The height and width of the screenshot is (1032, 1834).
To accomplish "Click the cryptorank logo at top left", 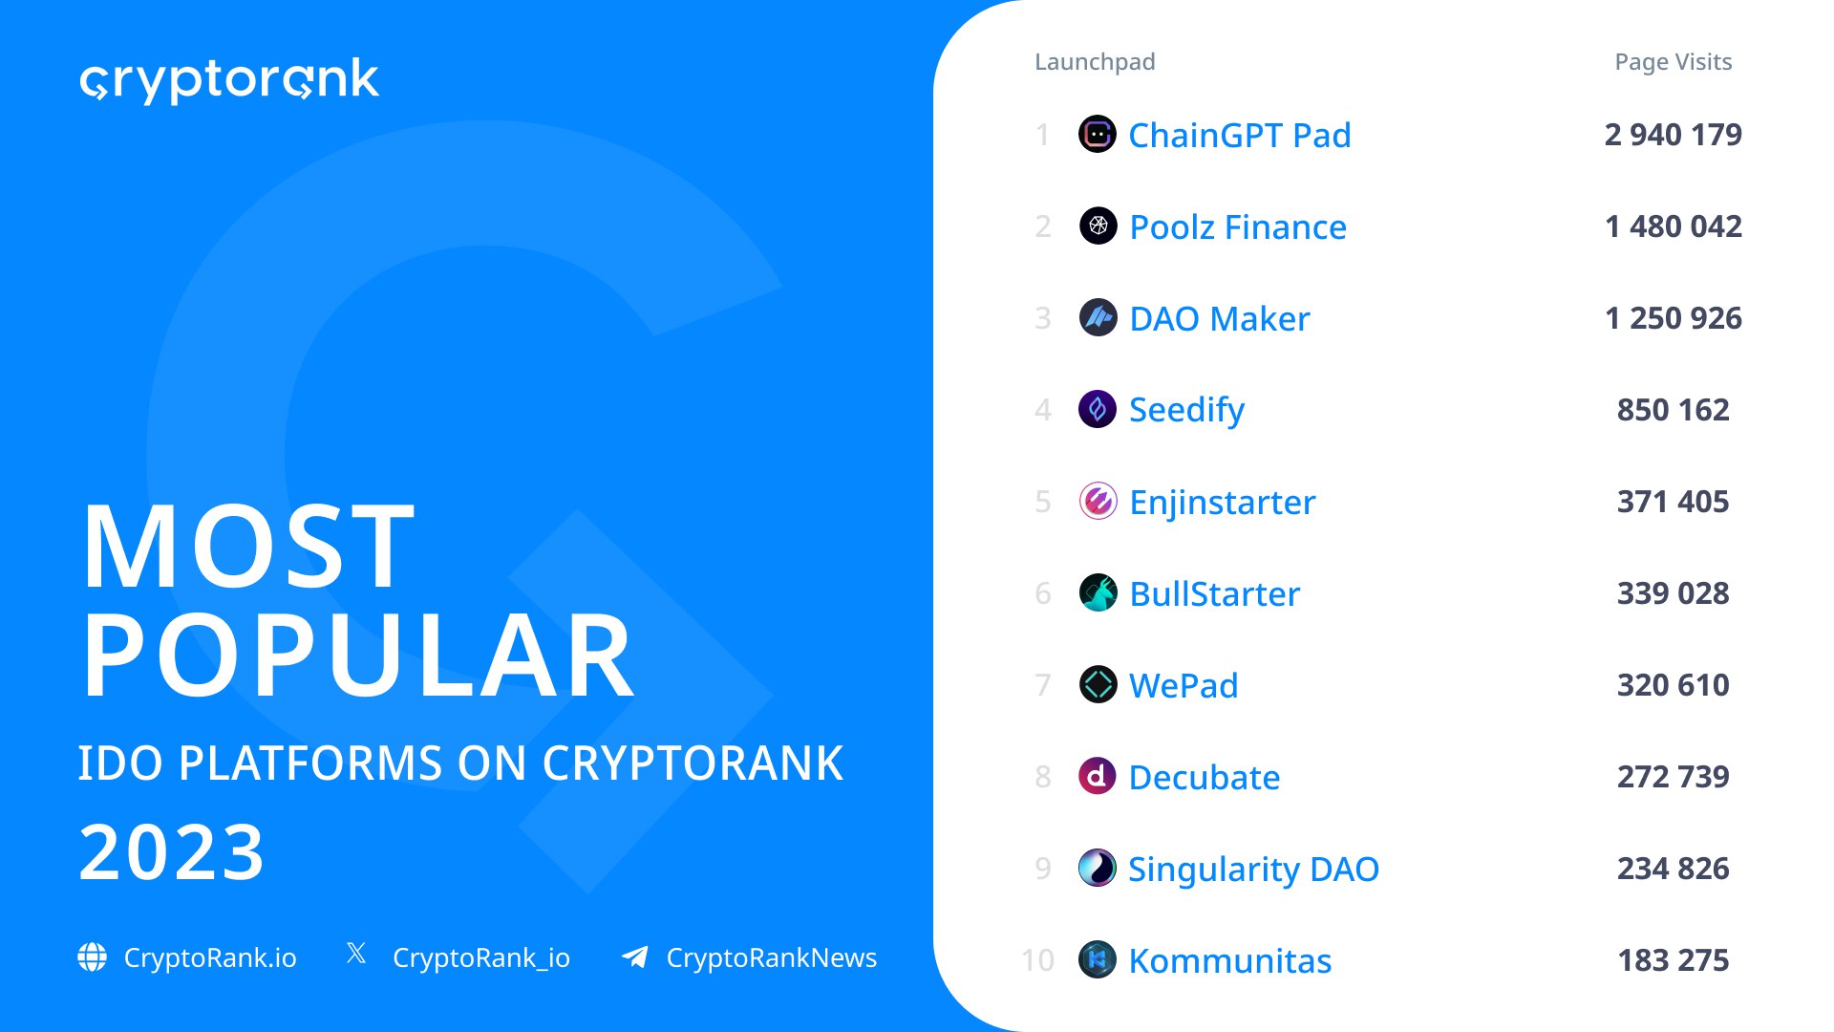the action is tap(229, 80).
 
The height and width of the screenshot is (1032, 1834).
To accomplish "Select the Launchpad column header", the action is tap(1095, 62).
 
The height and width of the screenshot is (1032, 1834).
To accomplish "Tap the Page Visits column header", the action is tap(1673, 62).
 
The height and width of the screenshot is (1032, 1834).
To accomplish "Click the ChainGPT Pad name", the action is tap(1240, 135).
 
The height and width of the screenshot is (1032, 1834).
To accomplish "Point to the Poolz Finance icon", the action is tap(1098, 226).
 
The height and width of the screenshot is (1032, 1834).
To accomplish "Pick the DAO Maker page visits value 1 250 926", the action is tap(1674, 318).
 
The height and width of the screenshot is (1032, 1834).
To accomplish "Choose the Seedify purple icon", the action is tap(1098, 410).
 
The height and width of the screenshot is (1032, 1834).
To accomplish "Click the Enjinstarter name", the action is tap(1222, 502).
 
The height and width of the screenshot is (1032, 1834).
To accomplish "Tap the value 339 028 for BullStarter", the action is tap(1674, 593).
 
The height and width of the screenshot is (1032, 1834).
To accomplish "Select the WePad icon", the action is tap(1098, 684).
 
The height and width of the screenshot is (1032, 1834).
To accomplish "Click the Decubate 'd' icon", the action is tap(1098, 776).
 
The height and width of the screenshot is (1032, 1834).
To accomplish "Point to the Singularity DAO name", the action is tap(1253, 870).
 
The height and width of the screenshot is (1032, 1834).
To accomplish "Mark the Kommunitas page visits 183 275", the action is tap(1674, 960).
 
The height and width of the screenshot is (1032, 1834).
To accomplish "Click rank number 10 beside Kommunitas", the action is tap(1037, 960).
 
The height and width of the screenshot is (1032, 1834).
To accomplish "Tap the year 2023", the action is tap(171, 852).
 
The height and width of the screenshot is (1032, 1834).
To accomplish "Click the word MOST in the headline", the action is tap(248, 548).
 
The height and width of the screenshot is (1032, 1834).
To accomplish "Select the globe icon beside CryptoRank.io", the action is tap(93, 957).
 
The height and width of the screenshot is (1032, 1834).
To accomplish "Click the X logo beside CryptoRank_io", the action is tap(356, 953).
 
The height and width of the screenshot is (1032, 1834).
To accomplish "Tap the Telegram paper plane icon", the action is tap(635, 957).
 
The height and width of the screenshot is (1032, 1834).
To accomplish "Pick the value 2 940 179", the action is tap(1674, 135).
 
